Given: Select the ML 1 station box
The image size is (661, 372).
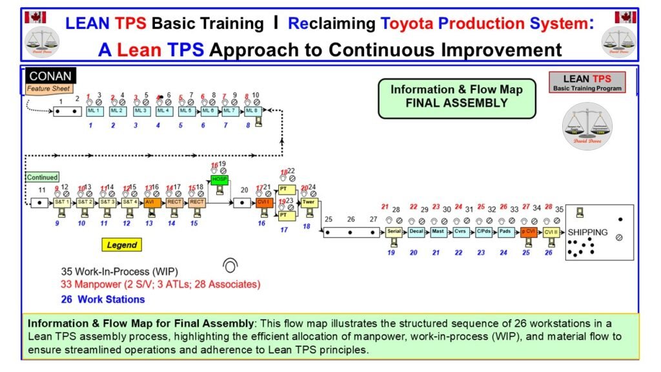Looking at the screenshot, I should click(93, 110).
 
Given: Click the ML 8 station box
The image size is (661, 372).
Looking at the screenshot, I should click(251, 110).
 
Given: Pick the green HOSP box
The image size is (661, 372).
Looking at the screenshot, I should click(220, 179).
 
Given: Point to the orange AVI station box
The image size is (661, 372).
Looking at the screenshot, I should click(151, 202).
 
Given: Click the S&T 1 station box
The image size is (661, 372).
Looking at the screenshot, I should click(61, 202).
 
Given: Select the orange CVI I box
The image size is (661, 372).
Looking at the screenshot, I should click(263, 202).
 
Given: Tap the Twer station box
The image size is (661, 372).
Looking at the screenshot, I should click(309, 202).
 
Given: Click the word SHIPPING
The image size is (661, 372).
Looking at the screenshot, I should click(587, 232).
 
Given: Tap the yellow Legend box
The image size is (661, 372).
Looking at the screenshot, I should click(122, 245).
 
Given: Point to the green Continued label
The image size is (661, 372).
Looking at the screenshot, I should click(43, 177).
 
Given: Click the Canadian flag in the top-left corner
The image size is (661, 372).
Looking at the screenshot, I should click(35, 17).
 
